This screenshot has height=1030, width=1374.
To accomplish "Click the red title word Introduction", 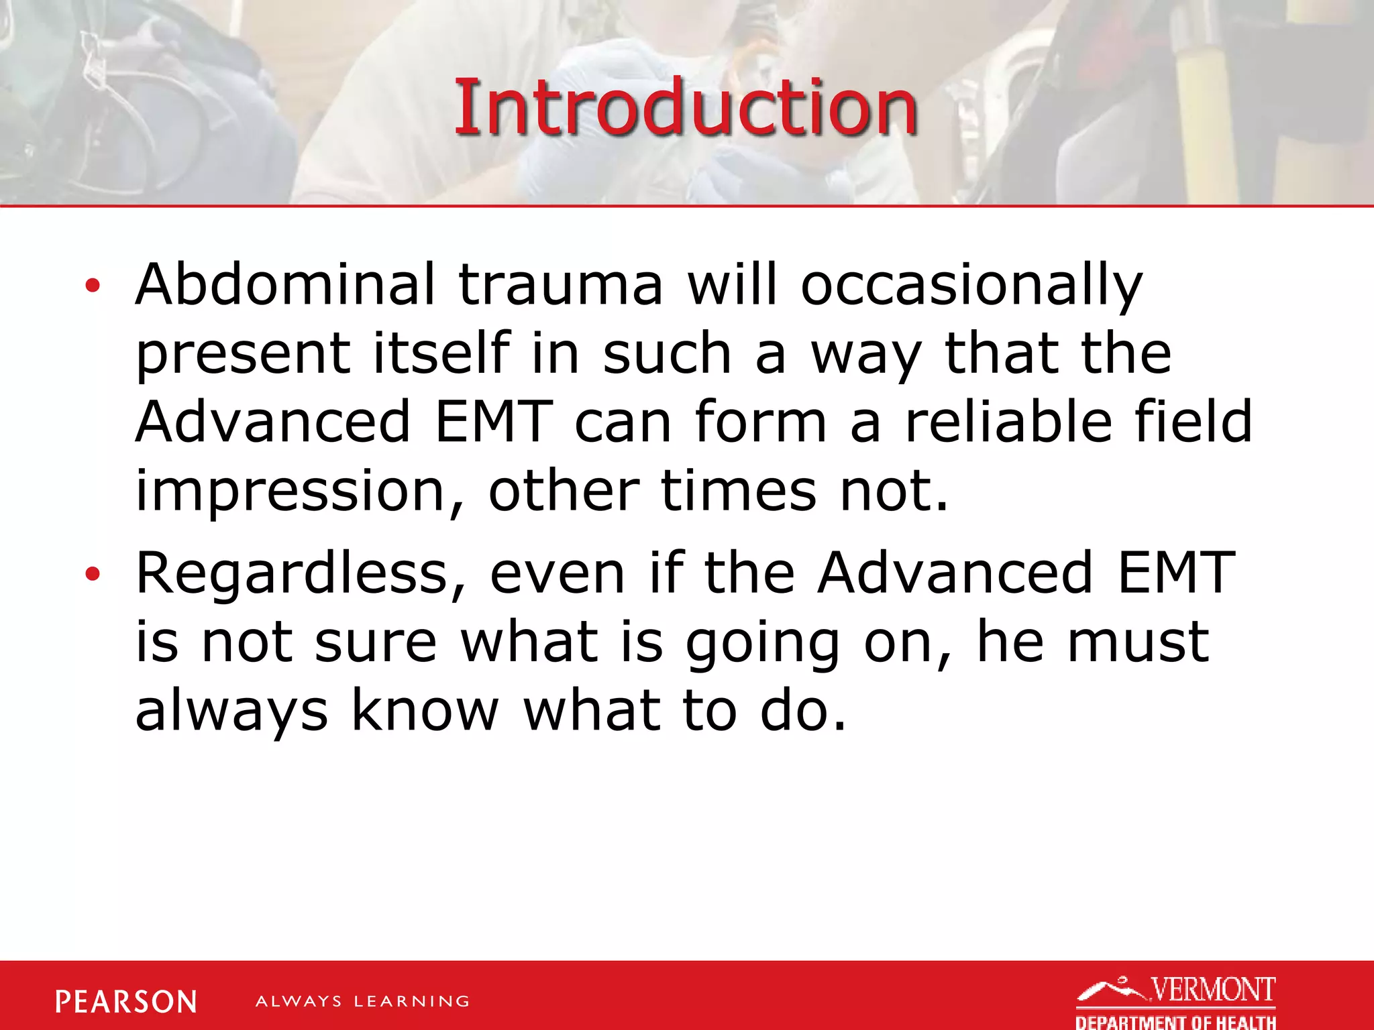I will (x=686, y=107).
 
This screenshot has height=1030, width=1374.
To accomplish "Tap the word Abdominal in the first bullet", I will (x=286, y=284).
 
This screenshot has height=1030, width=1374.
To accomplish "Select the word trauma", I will (x=560, y=284).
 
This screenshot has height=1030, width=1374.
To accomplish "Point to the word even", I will (x=558, y=574).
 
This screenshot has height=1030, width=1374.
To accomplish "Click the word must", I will (x=1139, y=642).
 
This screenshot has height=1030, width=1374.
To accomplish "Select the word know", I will (x=425, y=711).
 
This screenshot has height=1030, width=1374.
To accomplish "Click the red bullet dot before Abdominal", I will (x=93, y=286).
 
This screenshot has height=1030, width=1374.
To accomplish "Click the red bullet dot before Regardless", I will (x=93, y=574).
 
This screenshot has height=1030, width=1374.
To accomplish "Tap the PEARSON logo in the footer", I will (x=126, y=1002).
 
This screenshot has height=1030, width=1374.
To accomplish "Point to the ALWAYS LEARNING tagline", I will (x=362, y=1002).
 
